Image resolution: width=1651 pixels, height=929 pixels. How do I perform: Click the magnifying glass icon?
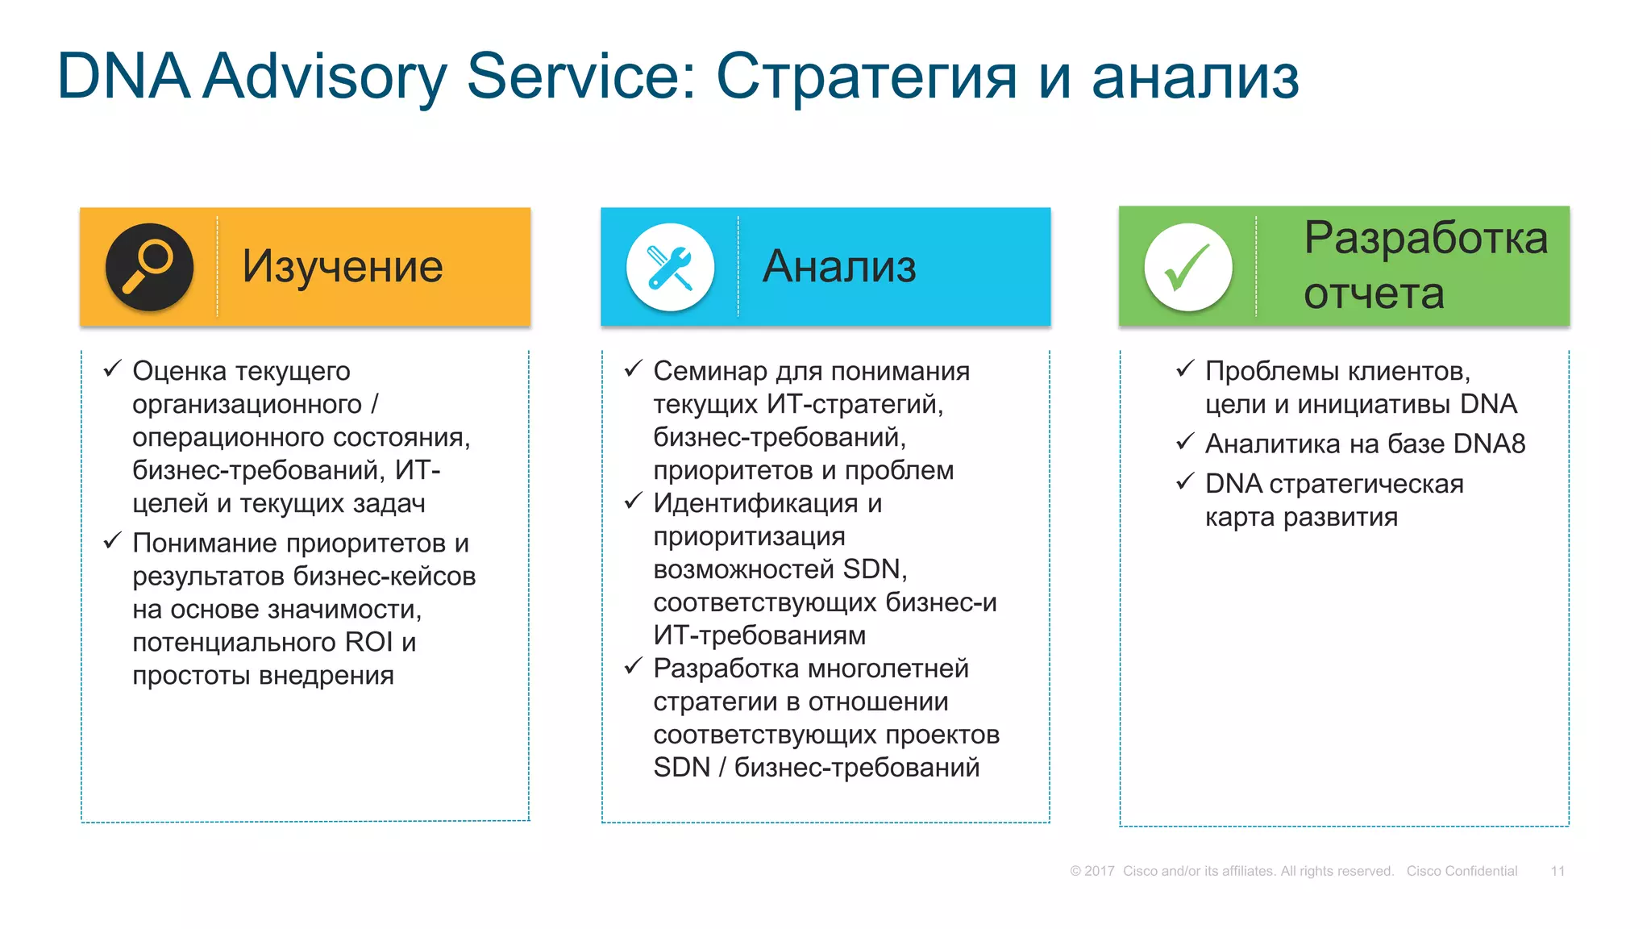pos(149,267)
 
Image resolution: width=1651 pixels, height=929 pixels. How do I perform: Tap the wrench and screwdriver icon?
pos(670,267)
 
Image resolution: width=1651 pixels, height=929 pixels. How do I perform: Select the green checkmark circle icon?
pos(1187,267)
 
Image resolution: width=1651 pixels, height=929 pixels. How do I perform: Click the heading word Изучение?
pos(343,267)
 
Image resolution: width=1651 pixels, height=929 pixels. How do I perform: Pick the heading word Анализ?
pos(839,267)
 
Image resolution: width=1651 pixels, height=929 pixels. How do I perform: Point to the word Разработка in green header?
pos(1425,239)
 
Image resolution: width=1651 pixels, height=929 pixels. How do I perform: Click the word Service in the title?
pos(581,77)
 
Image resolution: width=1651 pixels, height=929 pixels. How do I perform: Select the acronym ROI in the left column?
pos(368,643)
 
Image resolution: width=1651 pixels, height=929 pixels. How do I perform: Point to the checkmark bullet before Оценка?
pos(112,369)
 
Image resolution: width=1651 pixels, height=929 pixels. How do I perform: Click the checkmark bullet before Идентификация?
pos(633,502)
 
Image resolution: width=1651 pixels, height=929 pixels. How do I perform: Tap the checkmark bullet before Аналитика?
pos(1184,442)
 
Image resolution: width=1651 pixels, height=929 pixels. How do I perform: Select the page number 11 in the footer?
pos(1557,871)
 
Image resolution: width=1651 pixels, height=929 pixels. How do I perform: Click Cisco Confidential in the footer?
pos(1462,871)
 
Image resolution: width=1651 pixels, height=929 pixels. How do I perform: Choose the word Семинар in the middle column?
pos(709,371)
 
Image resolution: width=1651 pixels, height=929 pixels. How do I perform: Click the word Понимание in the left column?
pos(206,544)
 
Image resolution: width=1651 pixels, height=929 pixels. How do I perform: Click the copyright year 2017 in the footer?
pos(1099,871)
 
